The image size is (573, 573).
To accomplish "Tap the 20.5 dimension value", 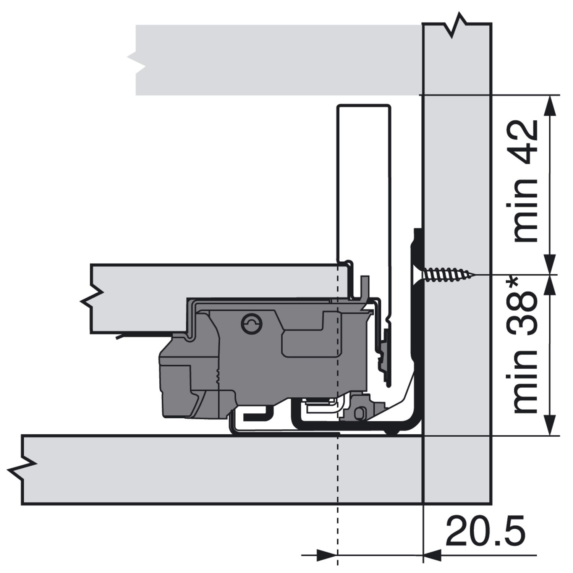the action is coord(485,531).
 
